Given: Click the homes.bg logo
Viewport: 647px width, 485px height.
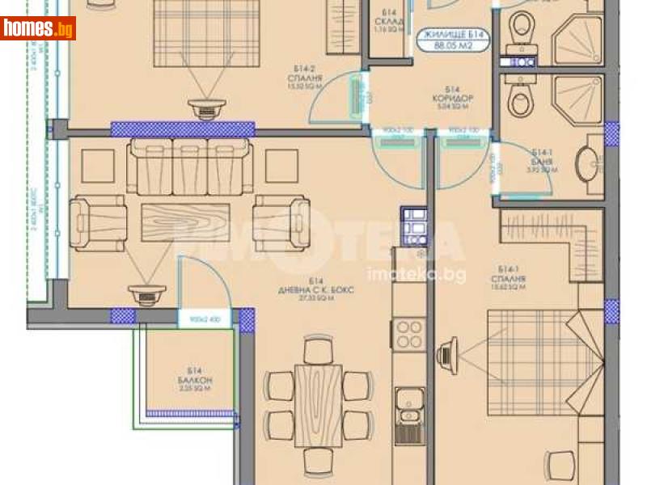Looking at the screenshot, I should (x=38, y=28).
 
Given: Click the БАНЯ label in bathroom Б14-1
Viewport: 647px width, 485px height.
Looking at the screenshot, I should (x=543, y=161).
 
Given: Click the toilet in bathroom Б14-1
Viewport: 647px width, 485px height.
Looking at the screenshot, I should (x=519, y=100).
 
